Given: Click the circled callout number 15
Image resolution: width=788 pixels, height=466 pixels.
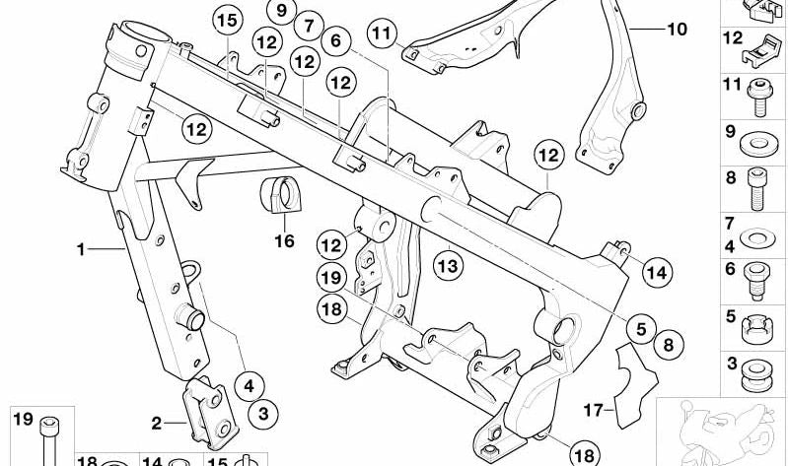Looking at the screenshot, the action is click(x=227, y=22).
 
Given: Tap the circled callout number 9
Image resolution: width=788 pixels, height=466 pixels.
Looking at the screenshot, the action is click(x=281, y=10).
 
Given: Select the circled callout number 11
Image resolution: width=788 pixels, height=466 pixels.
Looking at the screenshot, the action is click(x=382, y=33).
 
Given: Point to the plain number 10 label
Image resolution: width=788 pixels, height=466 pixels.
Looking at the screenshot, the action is click(x=677, y=30).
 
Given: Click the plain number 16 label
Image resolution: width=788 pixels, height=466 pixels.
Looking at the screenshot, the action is click(x=284, y=241).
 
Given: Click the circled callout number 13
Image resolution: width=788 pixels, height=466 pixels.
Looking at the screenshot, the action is click(x=449, y=265).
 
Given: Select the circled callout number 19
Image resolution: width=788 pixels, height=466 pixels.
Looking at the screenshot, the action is click(x=331, y=278).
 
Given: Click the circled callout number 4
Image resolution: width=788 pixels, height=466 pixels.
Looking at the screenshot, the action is click(x=250, y=386).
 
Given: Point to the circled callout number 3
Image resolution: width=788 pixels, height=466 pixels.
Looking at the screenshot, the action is click(x=263, y=414).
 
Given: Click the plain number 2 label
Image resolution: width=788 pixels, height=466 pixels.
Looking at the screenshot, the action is click(x=156, y=424).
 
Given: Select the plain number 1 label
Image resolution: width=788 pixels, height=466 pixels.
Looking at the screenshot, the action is click(x=81, y=249).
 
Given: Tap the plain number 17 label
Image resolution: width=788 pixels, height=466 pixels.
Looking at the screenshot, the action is click(x=593, y=410).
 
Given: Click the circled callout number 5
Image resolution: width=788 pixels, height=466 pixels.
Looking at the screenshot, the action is click(x=641, y=329).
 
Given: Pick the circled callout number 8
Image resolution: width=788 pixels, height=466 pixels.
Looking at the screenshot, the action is click(x=668, y=345).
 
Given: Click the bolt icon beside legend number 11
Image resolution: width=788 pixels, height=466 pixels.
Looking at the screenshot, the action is click(x=759, y=97).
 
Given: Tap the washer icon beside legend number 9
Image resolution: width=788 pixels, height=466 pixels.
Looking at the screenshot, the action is click(x=758, y=143).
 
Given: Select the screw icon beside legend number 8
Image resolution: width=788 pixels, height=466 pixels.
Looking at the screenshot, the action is click(x=757, y=189).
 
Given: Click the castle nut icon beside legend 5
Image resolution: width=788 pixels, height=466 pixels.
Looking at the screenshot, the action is click(x=757, y=328).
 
